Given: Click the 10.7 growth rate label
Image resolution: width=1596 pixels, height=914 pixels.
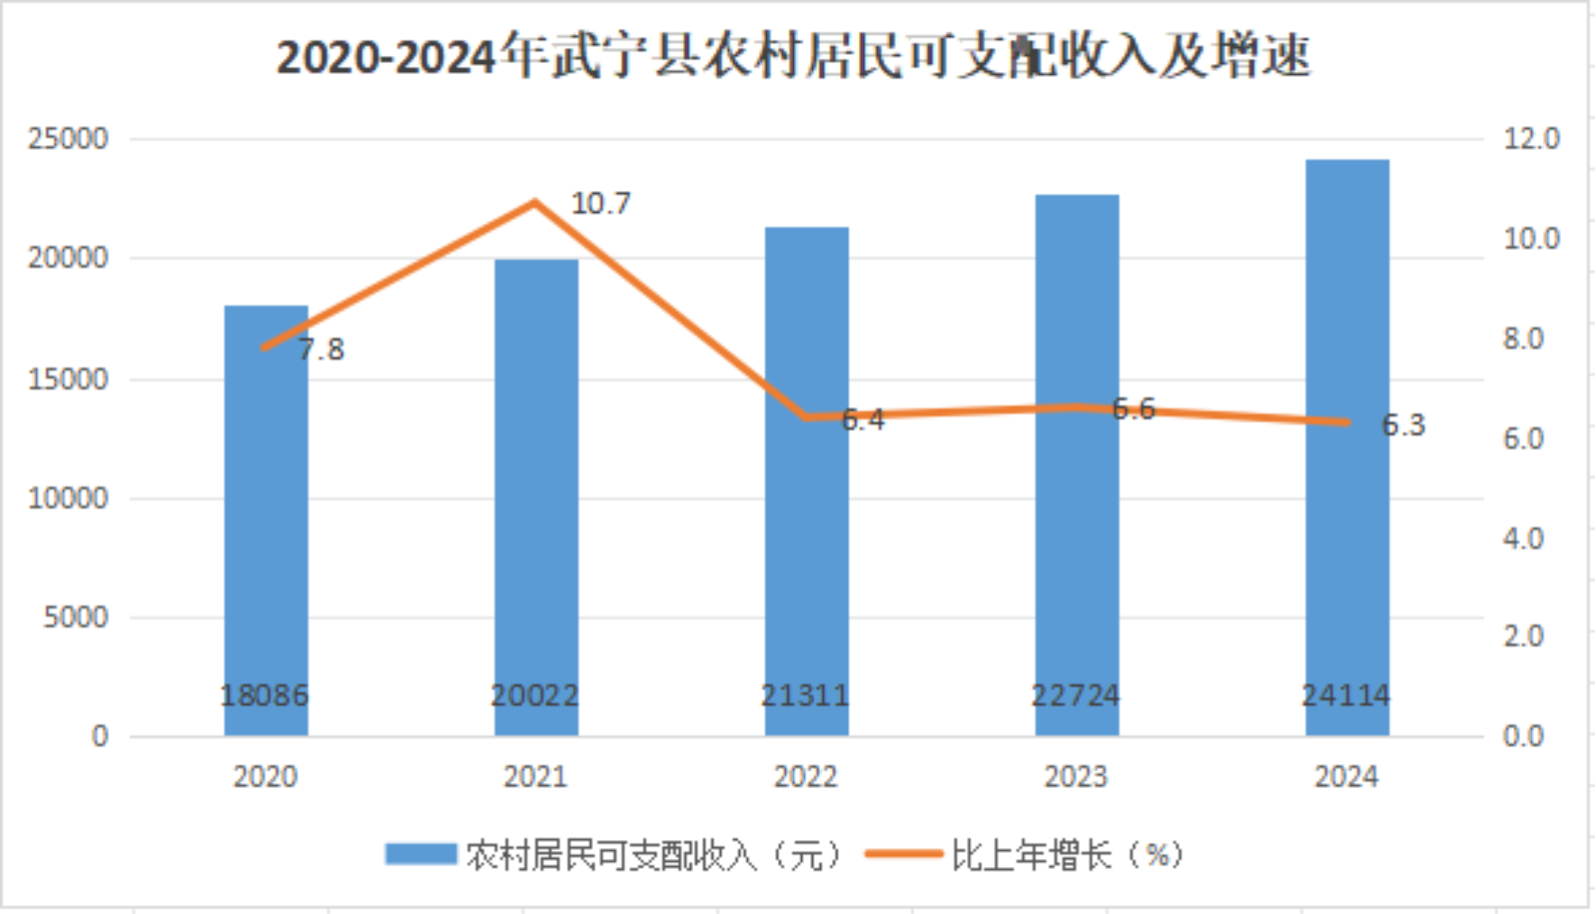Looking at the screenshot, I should tap(601, 204).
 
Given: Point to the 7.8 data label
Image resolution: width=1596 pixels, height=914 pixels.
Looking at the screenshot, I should tap(321, 349).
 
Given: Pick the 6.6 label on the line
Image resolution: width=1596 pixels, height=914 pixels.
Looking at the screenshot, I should tap(1133, 410).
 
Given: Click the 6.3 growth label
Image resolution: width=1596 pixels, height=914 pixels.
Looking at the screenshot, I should tap(1403, 425).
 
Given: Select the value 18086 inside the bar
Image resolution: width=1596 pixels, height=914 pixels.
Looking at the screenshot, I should tap(264, 696).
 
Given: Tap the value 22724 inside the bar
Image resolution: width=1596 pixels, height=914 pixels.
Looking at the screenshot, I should tap(1075, 696).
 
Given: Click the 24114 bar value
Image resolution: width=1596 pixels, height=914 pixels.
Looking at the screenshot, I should tap(1346, 696).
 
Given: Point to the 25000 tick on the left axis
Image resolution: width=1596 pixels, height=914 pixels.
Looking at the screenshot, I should tap(68, 139).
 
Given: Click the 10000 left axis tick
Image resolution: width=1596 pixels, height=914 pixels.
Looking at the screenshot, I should tap(68, 498).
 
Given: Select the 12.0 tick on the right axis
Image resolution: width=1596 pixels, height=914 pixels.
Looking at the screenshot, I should tap(1531, 139).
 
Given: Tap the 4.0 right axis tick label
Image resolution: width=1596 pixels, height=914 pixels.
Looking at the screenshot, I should tap(1524, 539).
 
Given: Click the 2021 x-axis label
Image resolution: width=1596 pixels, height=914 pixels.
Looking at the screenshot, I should tap(535, 777).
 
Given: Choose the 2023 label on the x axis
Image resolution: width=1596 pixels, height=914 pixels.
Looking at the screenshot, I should tap(1075, 777).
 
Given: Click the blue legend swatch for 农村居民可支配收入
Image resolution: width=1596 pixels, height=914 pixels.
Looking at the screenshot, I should tap(420, 854).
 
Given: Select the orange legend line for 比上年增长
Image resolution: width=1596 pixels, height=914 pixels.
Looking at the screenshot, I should tap(902, 854).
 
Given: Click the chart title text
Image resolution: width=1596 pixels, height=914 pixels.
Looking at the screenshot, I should tap(793, 56).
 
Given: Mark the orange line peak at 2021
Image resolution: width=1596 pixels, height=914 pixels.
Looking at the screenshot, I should tap(535, 201).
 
